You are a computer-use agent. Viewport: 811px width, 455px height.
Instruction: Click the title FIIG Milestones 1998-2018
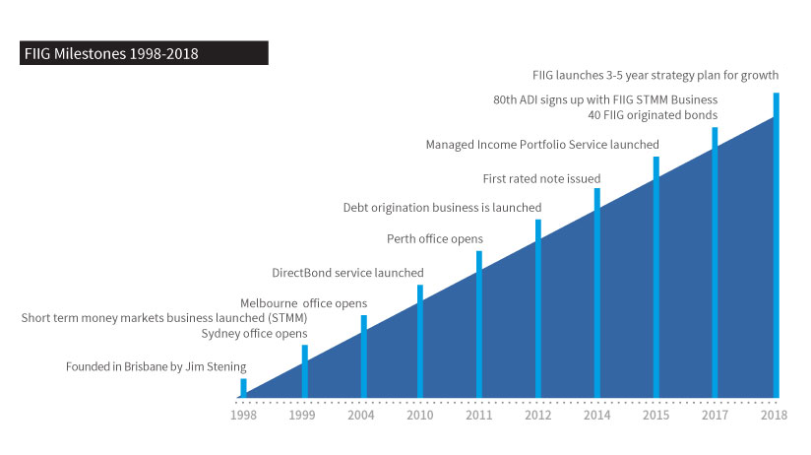pos(110,54)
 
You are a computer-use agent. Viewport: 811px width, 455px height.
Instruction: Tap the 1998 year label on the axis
pos(244,415)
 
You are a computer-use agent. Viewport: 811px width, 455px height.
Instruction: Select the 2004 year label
pos(362,415)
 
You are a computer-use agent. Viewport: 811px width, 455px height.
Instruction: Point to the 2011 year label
pos(479,415)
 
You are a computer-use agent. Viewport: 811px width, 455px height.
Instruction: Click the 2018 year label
pos(774,415)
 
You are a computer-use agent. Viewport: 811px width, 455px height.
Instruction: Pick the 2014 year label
pos(596,415)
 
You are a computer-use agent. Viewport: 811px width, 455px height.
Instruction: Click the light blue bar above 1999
pos(304,370)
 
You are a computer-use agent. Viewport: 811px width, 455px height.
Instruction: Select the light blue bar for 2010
pos(420,341)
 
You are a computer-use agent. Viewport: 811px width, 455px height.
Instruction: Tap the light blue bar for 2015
pos(655,277)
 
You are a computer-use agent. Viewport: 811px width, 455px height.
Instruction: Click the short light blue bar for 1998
pos(244,387)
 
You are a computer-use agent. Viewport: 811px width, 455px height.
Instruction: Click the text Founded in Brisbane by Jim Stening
pos(156,367)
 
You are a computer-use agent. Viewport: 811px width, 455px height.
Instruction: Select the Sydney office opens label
pos(255,334)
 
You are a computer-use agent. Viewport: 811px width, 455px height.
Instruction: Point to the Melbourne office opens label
pos(303,303)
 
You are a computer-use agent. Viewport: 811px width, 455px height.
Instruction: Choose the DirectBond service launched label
pos(347,273)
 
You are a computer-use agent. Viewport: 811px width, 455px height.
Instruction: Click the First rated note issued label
pos(541,178)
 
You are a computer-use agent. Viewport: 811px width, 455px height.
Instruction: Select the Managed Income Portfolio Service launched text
pos(542,145)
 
